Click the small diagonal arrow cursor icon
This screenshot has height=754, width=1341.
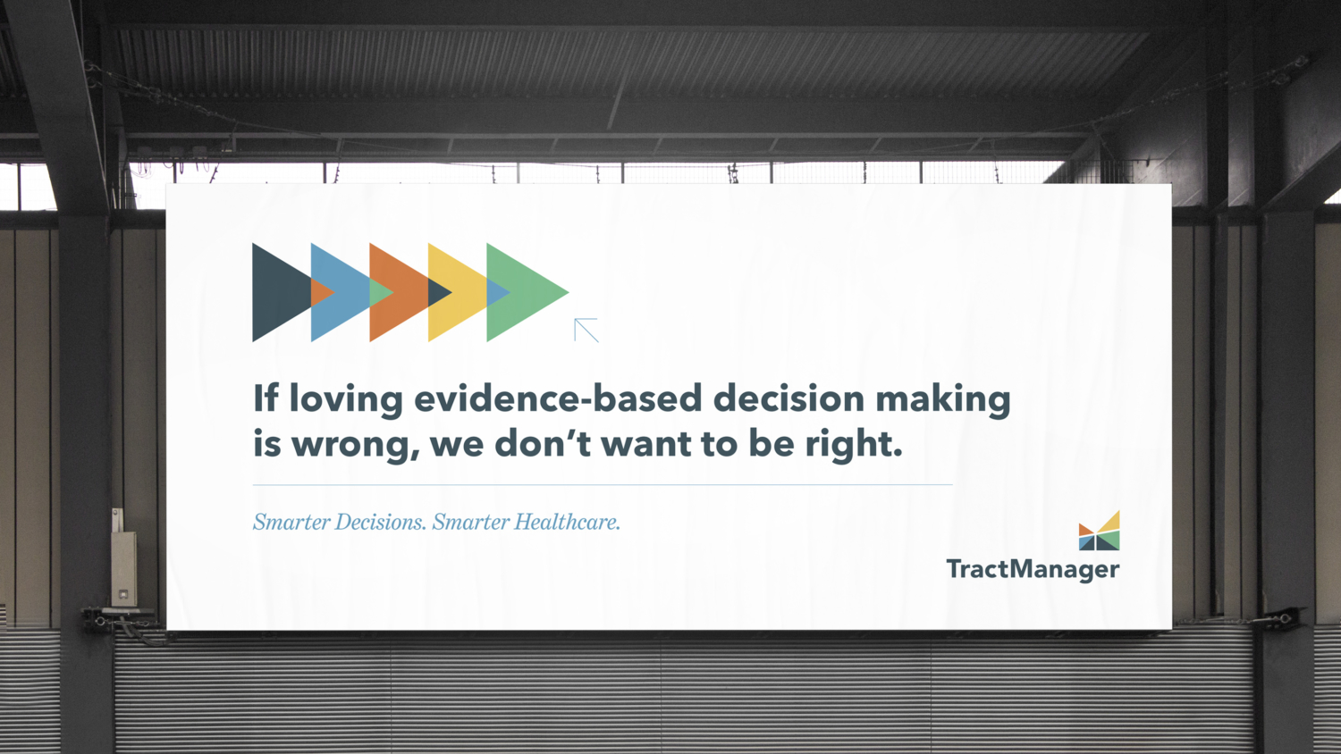(x=586, y=330)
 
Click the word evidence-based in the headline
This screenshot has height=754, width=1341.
(x=558, y=398)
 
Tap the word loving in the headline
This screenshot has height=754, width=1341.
(x=346, y=399)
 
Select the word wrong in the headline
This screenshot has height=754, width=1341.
(x=355, y=444)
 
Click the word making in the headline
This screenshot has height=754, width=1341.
(x=942, y=399)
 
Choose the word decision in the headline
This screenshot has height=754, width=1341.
(x=789, y=398)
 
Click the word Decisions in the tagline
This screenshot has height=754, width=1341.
(x=380, y=522)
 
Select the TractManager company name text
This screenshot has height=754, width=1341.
(x=1033, y=569)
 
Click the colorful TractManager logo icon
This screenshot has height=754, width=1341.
(x=1099, y=531)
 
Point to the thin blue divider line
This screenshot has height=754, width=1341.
(x=602, y=485)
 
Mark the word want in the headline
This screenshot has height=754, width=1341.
(x=645, y=444)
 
